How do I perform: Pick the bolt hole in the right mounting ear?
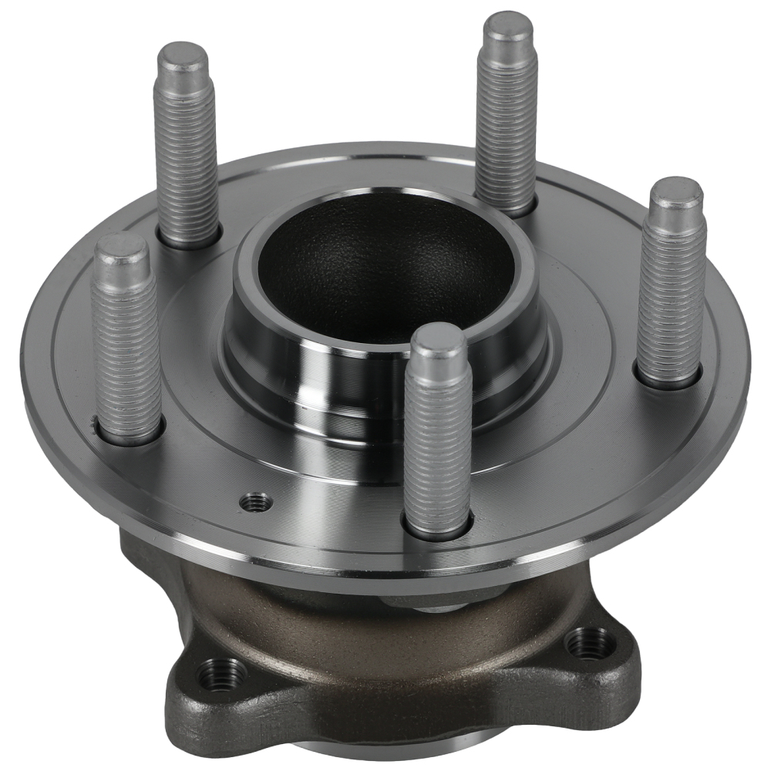tap(590, 642)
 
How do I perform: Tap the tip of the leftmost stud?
tap(120, 248)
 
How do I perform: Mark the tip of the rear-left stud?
tap(183, 58)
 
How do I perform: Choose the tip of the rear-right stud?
tap(507, 27)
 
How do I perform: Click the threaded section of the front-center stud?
tap(436, 447)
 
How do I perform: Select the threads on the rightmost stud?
tap(671, 293)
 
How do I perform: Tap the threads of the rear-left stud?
tap(187, 154)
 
